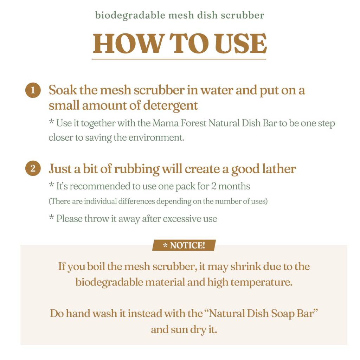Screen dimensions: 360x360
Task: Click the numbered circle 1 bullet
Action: [x=33, y=90]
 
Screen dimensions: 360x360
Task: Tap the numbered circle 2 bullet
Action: [x=33, y=168]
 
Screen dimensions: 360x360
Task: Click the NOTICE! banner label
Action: [x=184, y=245]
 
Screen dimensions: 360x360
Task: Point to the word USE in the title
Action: [x=240, y=43]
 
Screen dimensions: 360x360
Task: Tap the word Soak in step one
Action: [x=63, y=90]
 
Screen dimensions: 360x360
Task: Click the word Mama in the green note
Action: [x=166, y=123]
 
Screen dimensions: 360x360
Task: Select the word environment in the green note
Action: [x=156, y=137]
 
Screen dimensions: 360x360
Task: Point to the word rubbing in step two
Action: [x=137, y=169]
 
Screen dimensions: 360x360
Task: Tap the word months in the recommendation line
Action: [x=234, y=186]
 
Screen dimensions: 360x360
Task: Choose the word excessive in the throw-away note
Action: [x=180, y=219]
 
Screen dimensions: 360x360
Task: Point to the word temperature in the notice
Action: [x=262, y=283]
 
